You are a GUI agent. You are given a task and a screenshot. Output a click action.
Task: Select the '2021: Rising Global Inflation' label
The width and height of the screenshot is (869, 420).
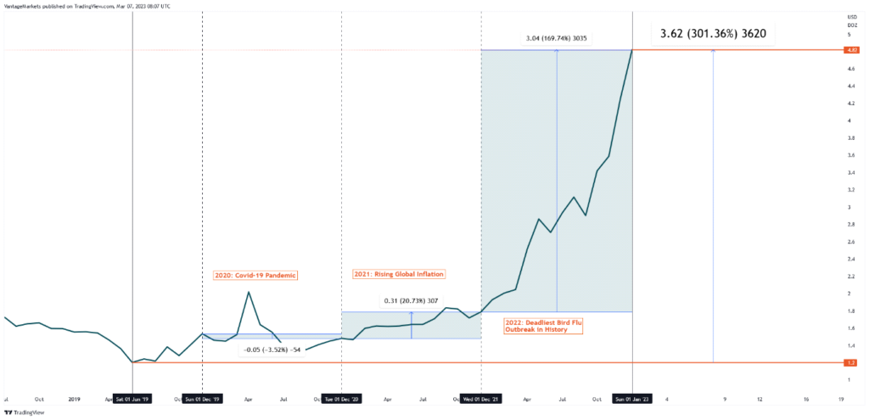(398, 274)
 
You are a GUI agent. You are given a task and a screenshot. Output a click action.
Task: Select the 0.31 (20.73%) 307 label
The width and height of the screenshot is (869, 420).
(411, 301)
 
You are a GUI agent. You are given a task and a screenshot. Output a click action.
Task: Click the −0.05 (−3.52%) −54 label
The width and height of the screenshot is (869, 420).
(272, 350)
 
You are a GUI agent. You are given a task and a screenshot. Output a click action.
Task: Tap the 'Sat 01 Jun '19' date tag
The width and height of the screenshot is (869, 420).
(133, 399)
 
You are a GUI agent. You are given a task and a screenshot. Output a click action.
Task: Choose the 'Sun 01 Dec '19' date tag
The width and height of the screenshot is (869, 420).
(203, 399)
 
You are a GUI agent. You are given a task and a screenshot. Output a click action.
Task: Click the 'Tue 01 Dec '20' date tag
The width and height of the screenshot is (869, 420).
(341, 399)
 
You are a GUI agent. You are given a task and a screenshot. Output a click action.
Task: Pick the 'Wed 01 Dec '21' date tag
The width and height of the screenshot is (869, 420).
(481, 399)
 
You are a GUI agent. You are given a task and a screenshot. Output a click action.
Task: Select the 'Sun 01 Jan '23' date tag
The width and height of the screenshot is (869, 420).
(632, 399)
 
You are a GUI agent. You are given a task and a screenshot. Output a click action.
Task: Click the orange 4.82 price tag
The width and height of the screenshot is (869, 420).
(850, 51)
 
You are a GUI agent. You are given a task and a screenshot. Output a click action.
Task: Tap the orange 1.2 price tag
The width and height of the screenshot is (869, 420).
(850, 363)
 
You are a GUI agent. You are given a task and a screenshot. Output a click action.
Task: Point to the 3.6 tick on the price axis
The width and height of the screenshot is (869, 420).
(849, 155)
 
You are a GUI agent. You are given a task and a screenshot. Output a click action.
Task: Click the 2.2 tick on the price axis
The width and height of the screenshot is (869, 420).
(849, 276)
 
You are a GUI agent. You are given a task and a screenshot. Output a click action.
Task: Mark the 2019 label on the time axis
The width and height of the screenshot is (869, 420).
(75, 399)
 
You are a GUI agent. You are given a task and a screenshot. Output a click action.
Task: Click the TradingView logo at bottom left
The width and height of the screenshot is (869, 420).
(23, 412)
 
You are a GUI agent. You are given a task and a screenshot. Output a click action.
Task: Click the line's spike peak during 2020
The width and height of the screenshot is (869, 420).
(248, 293)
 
